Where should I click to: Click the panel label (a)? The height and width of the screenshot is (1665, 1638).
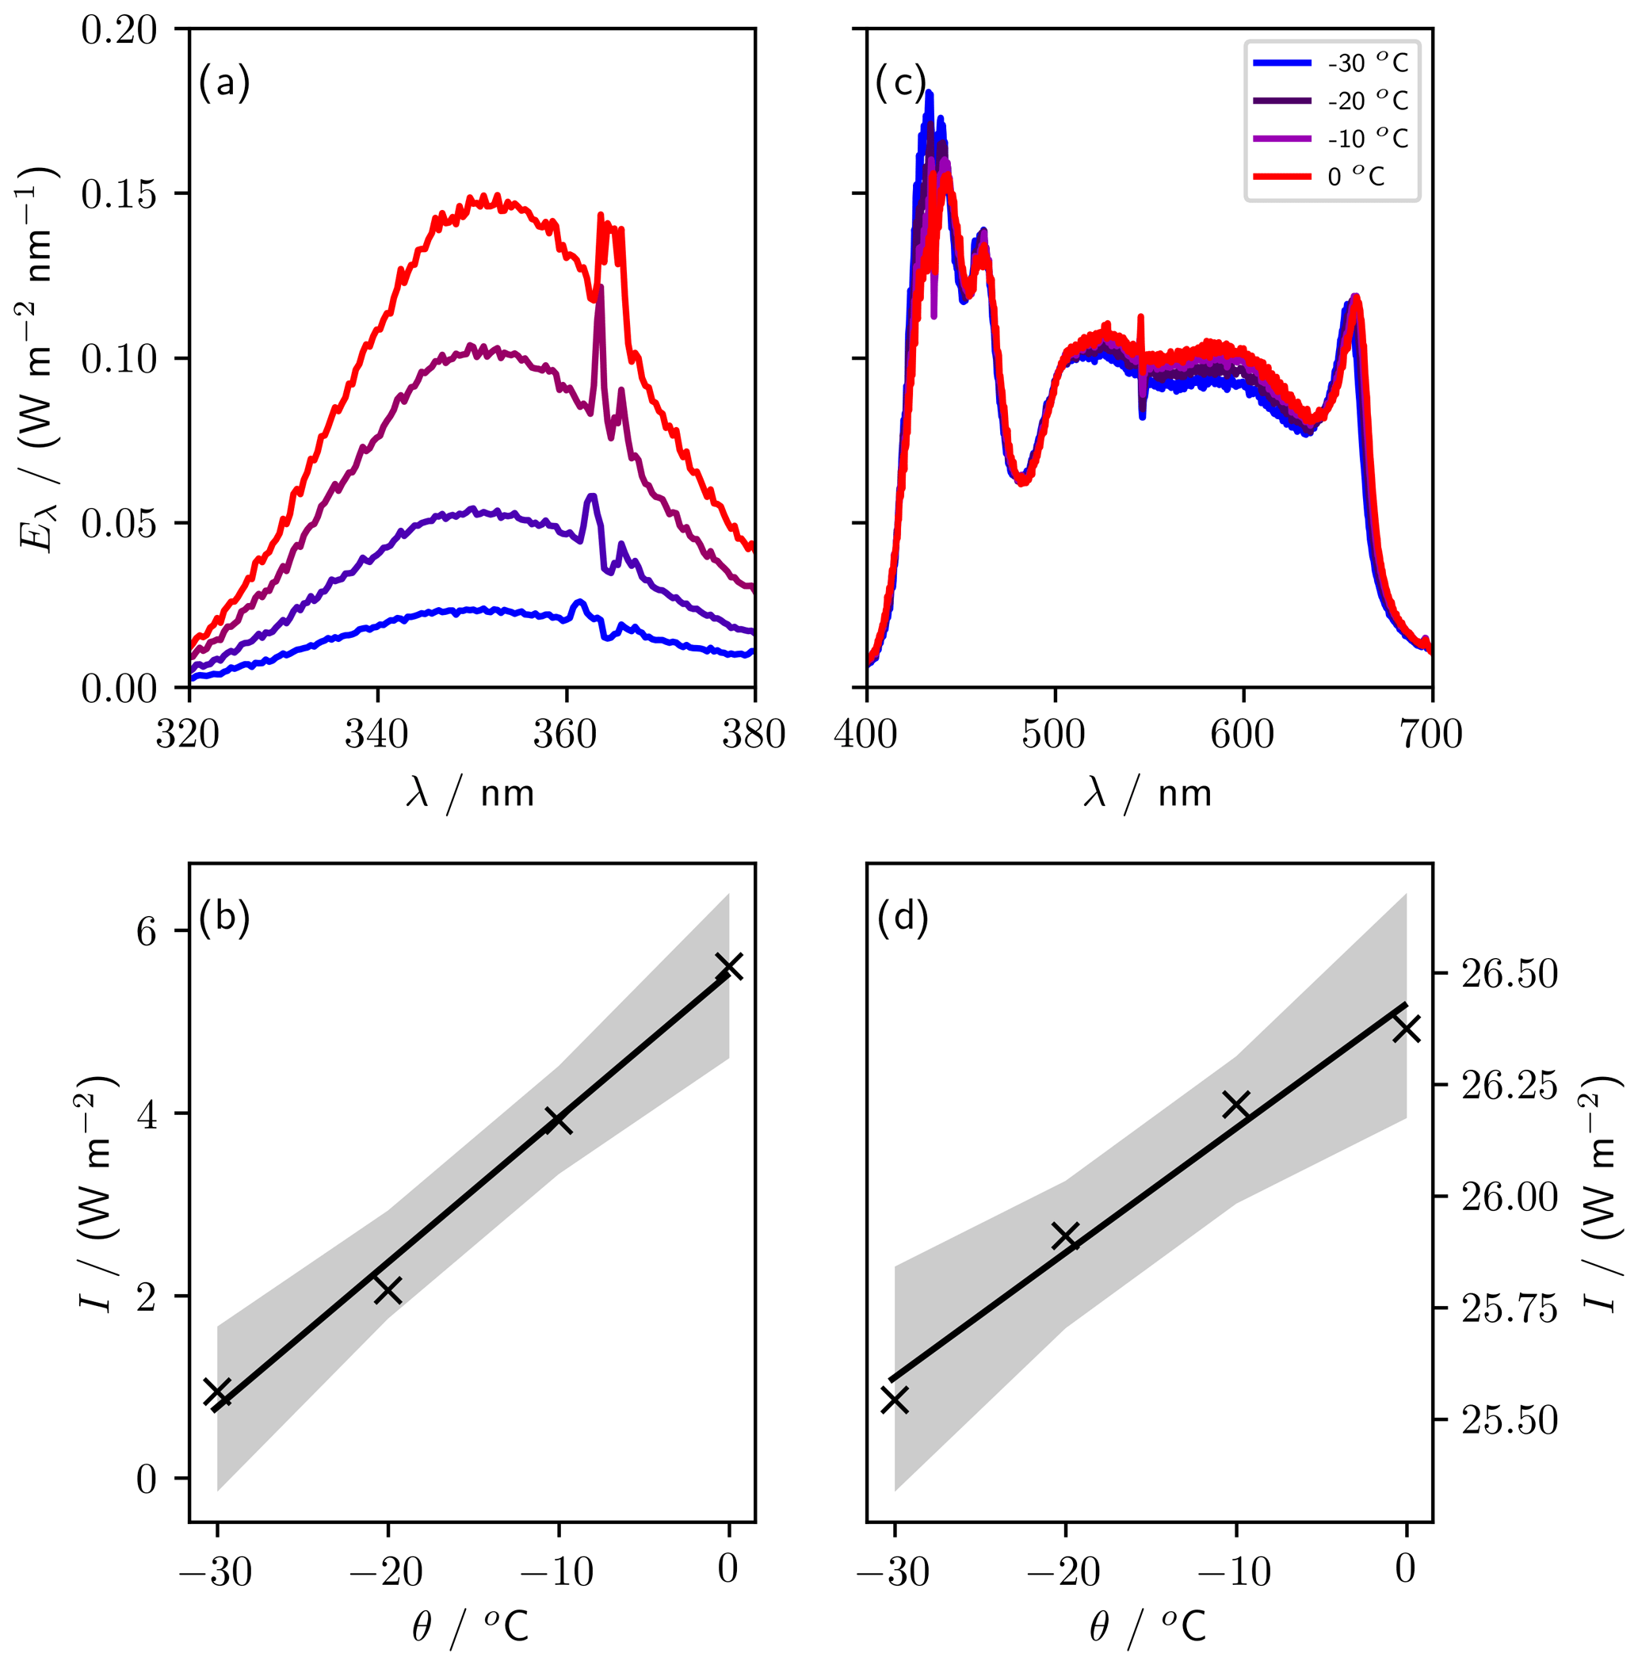[x=224, y=83]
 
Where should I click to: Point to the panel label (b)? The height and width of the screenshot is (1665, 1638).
[x=224, y=918]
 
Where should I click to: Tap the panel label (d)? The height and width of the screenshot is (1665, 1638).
[x=903, y=918]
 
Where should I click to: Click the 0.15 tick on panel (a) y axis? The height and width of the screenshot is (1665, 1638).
[x=120, y=194]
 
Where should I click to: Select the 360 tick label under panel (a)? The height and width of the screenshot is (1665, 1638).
[x=565, y=735]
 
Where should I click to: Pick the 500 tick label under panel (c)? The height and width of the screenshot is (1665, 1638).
[x=1054, y=735]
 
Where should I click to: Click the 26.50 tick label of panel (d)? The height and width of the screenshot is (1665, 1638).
[x=1510, y=974]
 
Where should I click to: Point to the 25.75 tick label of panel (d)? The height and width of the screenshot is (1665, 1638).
[x=1510, y=1308]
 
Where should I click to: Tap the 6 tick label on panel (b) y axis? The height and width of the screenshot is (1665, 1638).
[x=147, y=931]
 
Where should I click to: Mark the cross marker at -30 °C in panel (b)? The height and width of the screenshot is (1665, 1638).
[x=218, y=1392]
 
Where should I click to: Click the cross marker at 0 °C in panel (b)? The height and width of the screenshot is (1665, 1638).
[x=730, y=967]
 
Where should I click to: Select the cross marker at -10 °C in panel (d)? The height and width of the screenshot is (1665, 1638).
[x=1236, y=1105]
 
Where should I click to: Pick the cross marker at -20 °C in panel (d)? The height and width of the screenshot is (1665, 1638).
[x=1066, y=1236]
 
